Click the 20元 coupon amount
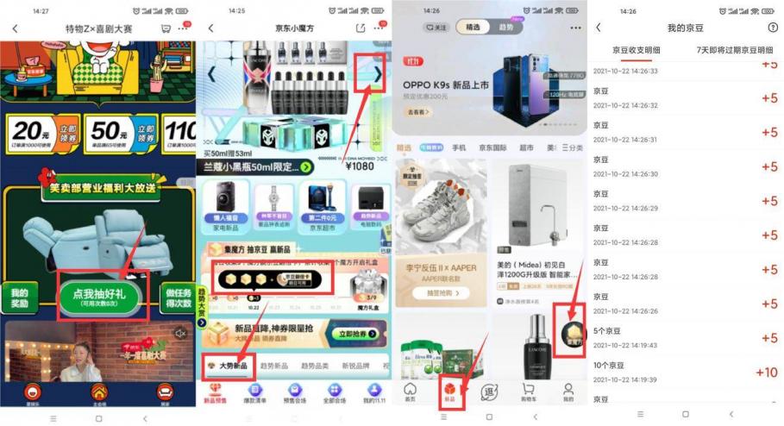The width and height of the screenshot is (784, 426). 30,131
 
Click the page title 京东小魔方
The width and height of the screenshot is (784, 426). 295,28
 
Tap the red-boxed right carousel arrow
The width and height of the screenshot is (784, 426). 377,74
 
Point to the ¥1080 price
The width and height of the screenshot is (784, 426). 361,166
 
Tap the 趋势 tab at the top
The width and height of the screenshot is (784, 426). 506,28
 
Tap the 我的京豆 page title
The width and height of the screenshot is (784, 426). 687,28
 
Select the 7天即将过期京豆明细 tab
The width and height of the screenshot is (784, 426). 734,51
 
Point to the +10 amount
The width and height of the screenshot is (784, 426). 766,373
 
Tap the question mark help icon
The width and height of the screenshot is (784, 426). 773,28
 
